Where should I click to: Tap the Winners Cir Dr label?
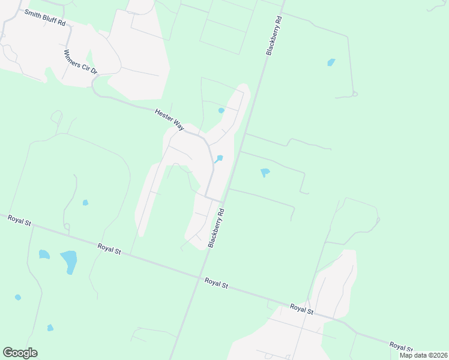(x=80, y=62)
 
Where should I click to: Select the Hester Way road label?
(x=170, y=118)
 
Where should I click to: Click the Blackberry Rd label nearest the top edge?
(x=273, y=37)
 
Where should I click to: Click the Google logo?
(x=20, y=353)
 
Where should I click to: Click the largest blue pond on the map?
(x=69, y=261)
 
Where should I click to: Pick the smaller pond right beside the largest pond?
(x=44, y=254)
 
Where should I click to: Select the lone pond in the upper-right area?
(x=331, y=62)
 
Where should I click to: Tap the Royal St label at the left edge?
(x=20, y=220)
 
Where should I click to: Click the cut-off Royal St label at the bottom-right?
(x=400, y=346)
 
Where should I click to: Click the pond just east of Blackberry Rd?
(x=265, y=173)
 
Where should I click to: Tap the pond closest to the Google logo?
(x=50, y=328)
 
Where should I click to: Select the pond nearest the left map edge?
(x=18, y=297)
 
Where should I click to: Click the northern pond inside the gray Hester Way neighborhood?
(x=221, y=110)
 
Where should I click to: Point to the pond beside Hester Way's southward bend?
(x=219, y=158)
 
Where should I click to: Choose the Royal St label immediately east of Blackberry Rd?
(x=216, y=282)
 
